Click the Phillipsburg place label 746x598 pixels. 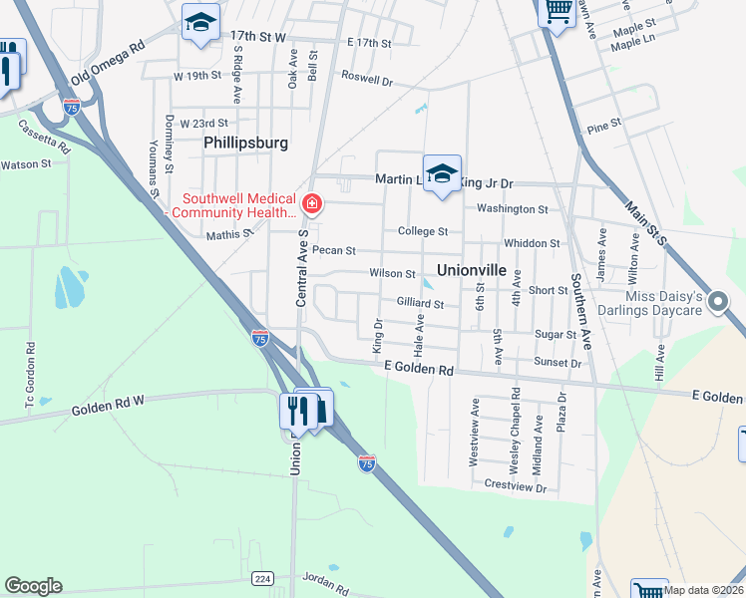pyautogui.click(x=245, y=143)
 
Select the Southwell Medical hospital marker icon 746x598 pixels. pyautogui.click(x=312, y=205)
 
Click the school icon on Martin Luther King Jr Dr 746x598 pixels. pyautogui.click(x=442, y=174)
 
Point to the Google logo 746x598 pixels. pyautogui.click(x=33, y=586)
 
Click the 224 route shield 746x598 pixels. pyautogui.click(x=262, y=578)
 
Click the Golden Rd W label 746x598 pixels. pyautogui.click(x=109, y=405)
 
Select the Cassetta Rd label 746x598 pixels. pyautogui.click(x=45, y=136)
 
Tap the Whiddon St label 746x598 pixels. pyautogui.click(x=532, y=243)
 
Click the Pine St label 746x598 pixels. pyautogui.click(x=604, y=127)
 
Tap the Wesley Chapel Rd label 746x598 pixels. pyautogui.click(x=516, y=417)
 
